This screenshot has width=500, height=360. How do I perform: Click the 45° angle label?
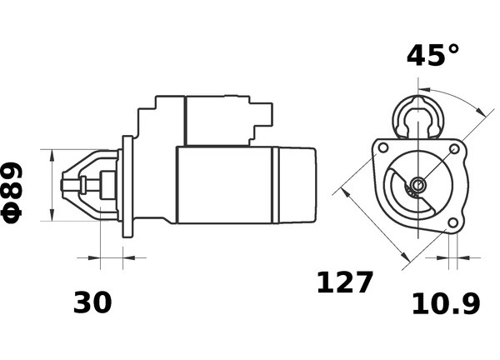pos(433,55)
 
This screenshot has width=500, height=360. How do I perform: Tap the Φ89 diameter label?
pos(12,192)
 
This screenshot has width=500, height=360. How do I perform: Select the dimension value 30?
pos(92,302)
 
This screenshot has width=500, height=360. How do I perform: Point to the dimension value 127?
pos(344,282)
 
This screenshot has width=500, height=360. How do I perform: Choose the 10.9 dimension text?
pos(446,304)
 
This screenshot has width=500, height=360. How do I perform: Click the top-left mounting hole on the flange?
pos(383,148)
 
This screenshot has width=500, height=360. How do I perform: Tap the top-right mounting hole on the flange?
pos(454,148)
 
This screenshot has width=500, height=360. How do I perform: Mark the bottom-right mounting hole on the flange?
pos(452,222)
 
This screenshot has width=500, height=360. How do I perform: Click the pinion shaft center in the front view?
pos(417,185)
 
